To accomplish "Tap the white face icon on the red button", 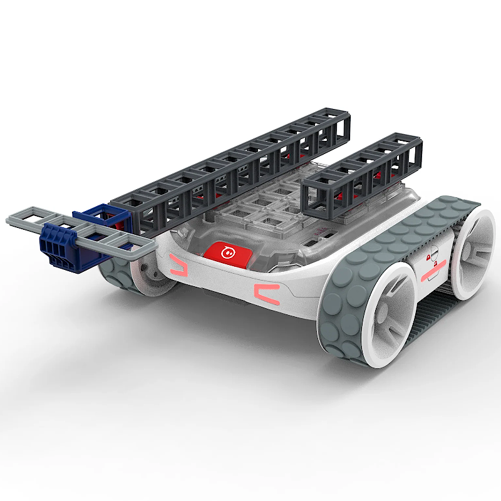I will tap(228, 252).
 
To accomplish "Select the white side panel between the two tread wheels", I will tap(432, 263).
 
